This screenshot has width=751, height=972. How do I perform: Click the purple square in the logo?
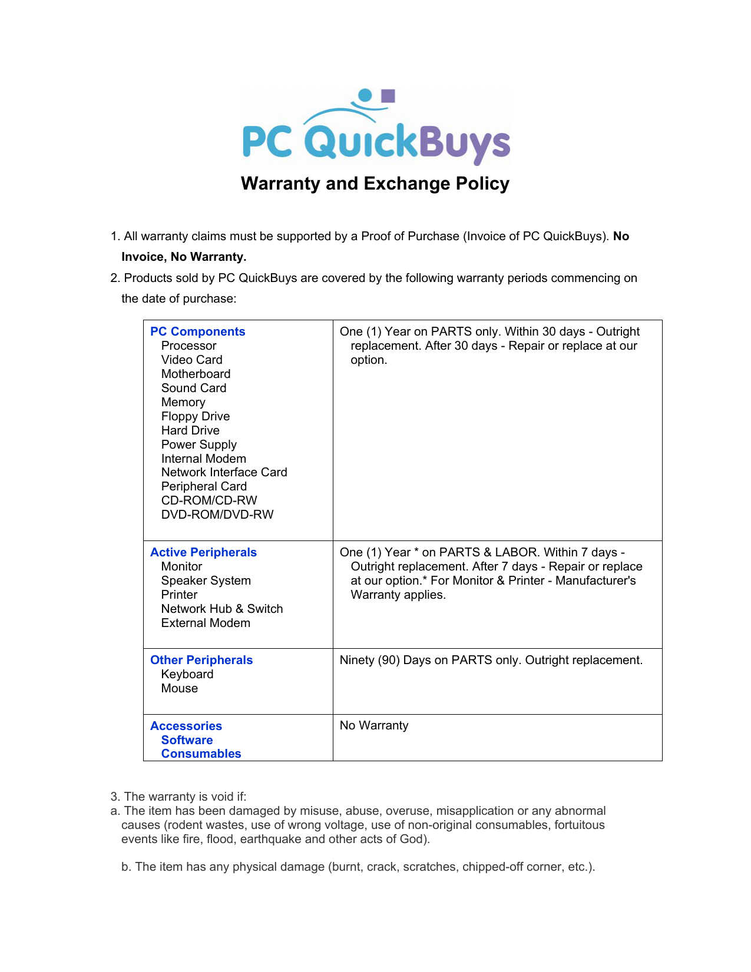388,96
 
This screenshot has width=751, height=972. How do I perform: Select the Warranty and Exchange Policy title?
375,184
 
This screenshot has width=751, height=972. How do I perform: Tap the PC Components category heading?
197,331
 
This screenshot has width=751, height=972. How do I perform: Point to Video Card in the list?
191,360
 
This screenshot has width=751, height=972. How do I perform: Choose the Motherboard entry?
196,374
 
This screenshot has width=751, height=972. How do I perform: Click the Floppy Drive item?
195,416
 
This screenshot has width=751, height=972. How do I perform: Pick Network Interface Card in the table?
224,472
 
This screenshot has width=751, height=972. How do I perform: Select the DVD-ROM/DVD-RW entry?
217,515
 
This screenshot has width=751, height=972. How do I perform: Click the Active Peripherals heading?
203,552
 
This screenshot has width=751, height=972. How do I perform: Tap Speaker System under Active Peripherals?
206,580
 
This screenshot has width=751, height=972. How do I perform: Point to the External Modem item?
206,623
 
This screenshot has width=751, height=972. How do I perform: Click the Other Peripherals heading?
201,660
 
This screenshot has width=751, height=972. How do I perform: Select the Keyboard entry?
187,674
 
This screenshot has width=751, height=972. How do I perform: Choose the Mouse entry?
179,688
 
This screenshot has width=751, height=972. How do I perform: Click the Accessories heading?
186,726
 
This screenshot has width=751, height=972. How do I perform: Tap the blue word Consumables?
201,754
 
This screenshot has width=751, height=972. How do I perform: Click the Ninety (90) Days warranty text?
491,660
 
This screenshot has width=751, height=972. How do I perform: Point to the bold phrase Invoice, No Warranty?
184,257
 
